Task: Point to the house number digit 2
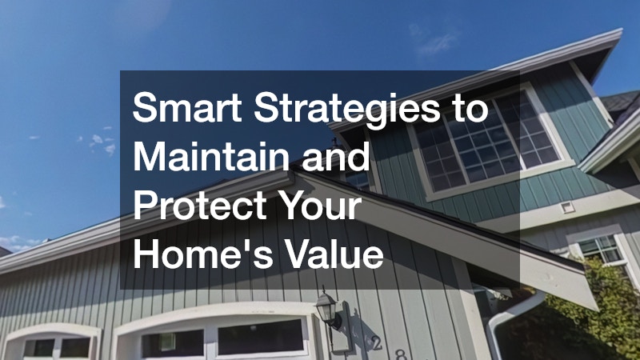[376, 343]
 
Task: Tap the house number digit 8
[402, 354]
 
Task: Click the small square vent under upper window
[567, 207]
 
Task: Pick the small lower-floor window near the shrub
[600, 249]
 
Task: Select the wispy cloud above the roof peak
[434, 41]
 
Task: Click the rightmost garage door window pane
[261, 336]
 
